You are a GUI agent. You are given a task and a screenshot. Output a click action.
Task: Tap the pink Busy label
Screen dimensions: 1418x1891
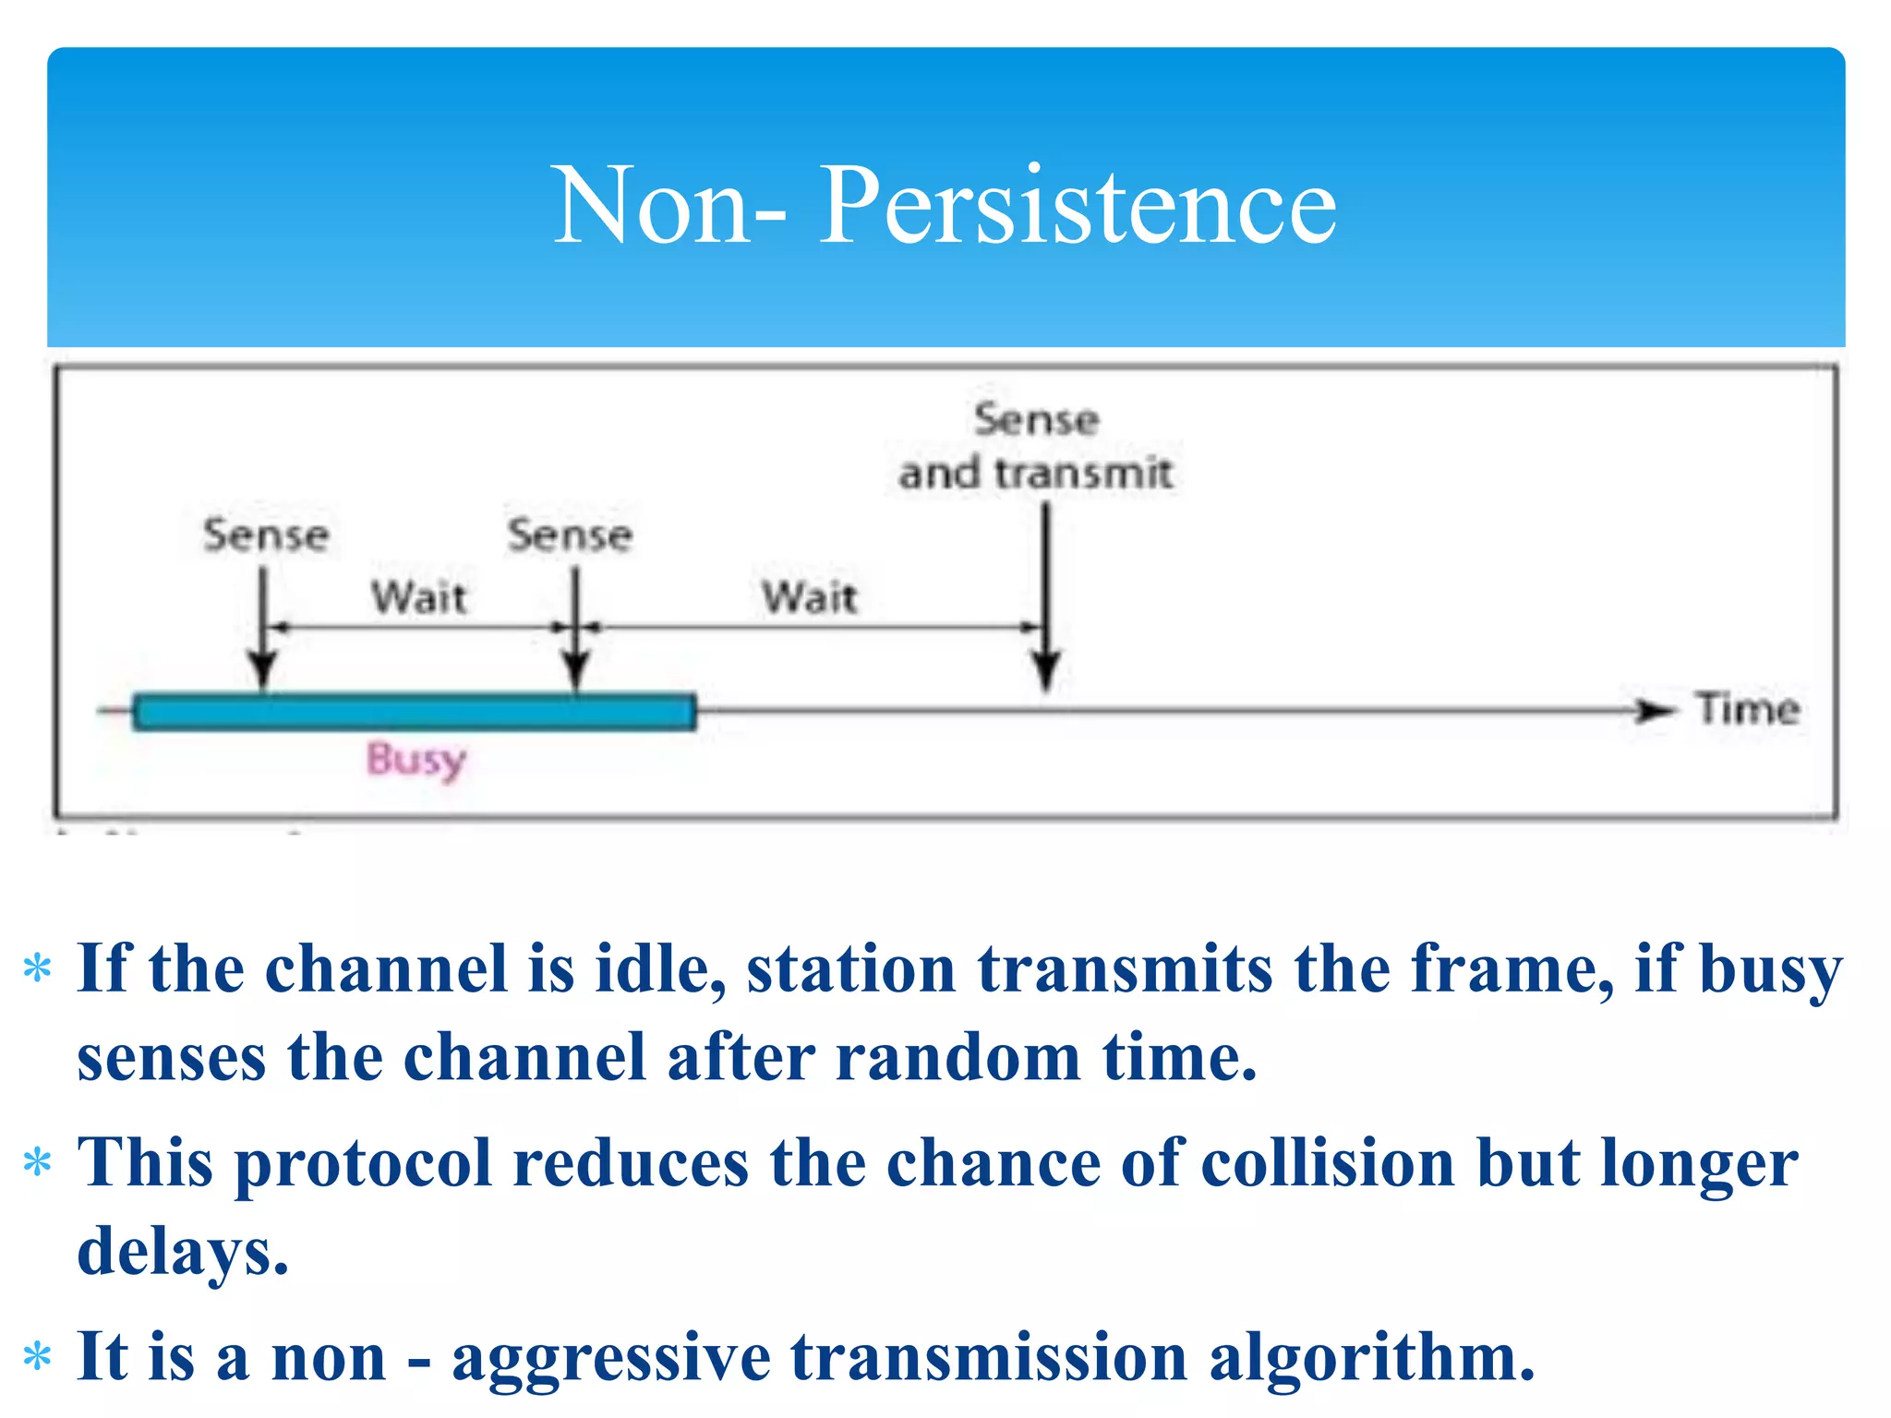coord(416,759)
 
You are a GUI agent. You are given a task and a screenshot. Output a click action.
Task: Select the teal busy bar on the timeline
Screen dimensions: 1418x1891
coord(415,712)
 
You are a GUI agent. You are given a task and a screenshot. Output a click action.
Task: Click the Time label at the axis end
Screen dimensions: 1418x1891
coord(1748,709)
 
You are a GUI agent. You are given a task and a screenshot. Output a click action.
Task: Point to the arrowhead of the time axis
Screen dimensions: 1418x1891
coord(1654,711)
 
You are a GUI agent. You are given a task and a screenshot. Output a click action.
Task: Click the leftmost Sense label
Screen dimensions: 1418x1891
coord(266,535)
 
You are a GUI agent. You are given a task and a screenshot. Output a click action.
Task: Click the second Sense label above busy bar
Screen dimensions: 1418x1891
coord(570,535)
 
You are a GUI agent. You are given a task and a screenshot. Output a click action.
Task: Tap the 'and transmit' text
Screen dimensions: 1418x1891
coord(1035,474)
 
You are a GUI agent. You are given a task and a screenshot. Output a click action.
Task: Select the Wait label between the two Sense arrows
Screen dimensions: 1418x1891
coord(418,597)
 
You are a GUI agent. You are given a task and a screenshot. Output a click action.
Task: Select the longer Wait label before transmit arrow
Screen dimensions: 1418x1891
coord(809,597)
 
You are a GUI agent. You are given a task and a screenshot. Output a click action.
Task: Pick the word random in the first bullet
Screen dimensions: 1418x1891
coord(958,1058)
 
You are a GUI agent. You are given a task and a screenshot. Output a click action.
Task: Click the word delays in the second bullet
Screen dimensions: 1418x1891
coord(182,1252)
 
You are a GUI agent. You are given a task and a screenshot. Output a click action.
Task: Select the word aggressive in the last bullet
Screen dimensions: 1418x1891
coord(610,1357)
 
